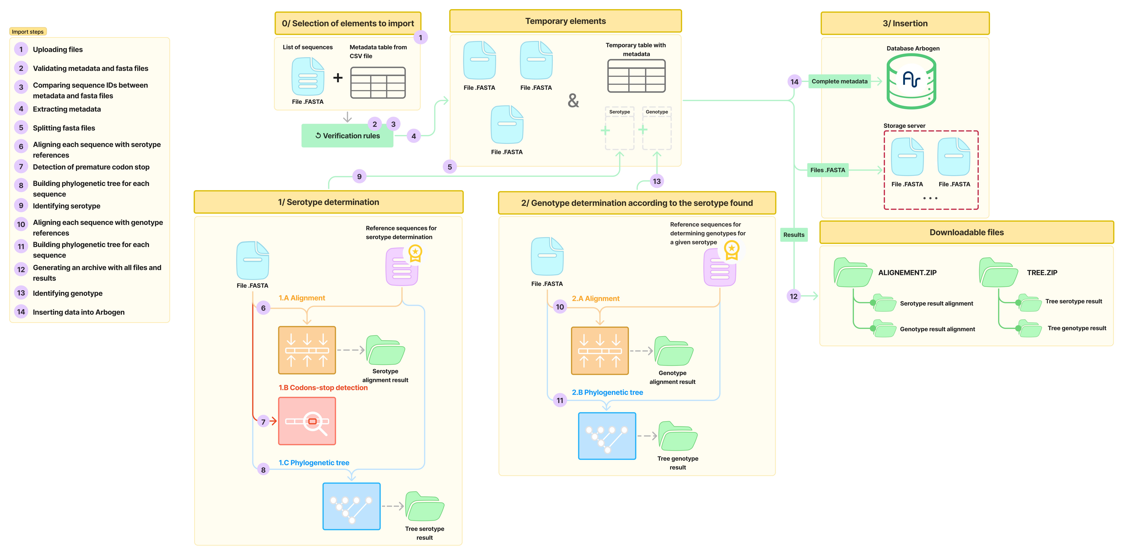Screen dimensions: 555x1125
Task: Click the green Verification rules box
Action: (x=347, y=136)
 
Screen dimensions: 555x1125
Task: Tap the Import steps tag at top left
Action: (x=27, y=31)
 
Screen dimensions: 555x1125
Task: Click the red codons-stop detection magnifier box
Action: (x=307, y=421)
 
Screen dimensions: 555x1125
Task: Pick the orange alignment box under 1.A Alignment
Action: (x=307, y=350)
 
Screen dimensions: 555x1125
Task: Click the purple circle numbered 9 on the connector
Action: (x=359, y=176)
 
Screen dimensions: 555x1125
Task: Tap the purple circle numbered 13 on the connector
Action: (x=656, y=181)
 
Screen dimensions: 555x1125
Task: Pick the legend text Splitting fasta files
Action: (x=64, y=128)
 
